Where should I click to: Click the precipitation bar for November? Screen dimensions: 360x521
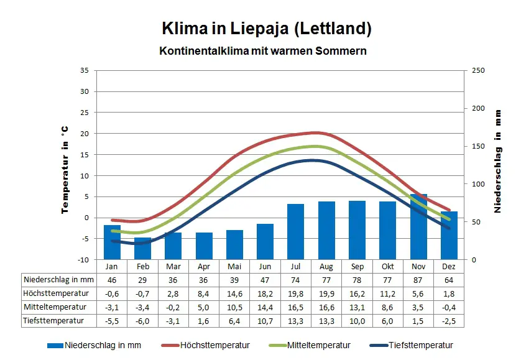(x=418, y=227)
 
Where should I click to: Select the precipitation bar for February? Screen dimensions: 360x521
(x=143, y=248)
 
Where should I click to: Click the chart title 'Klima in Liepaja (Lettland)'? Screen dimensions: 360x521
(x=267, y=29)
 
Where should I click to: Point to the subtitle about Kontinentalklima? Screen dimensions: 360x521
(x=263, y=51)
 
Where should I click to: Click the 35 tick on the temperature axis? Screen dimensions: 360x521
(x=84, y=70)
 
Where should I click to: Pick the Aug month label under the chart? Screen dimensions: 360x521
(x=326, y=265)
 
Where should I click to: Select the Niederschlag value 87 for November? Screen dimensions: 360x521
(x=418, y=280)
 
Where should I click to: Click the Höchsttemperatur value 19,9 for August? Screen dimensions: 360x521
(x=326, y=293)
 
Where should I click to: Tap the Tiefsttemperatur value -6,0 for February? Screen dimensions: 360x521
(x=143, y=321)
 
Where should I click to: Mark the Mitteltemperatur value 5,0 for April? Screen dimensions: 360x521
(x=204, y=307)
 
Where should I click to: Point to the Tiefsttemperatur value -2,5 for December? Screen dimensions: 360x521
(x=449, y=321)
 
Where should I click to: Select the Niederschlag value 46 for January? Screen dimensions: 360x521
(x=113, y=280)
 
